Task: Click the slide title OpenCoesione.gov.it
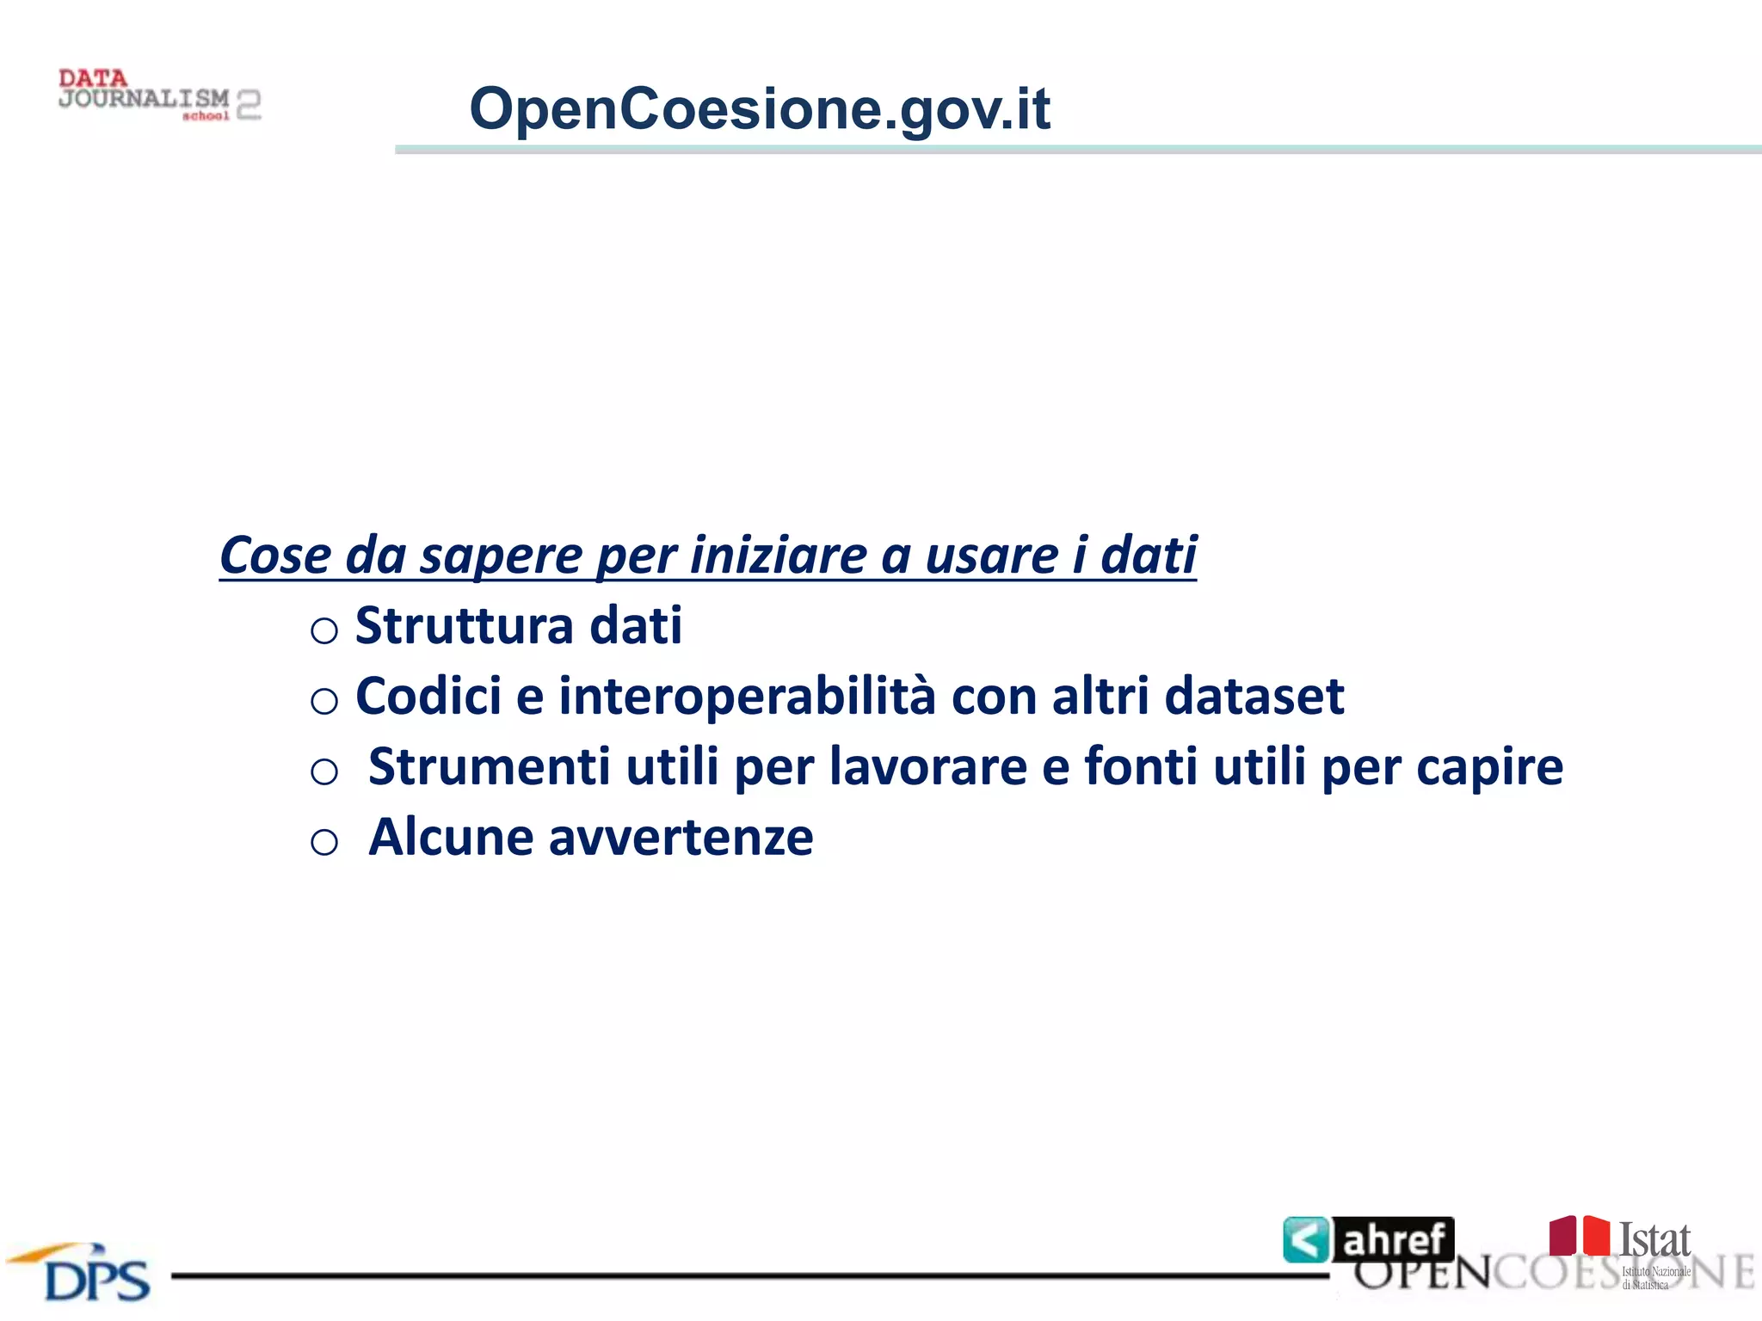(759, 109)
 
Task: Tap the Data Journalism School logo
(159, 95)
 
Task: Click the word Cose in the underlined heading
(274, 555)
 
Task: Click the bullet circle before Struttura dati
(323, 631)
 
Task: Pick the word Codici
(428, 696)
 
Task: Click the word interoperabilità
(747, 696)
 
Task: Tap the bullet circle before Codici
(323, 702)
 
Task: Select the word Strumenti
(489, 766)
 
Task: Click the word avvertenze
(681, 838)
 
